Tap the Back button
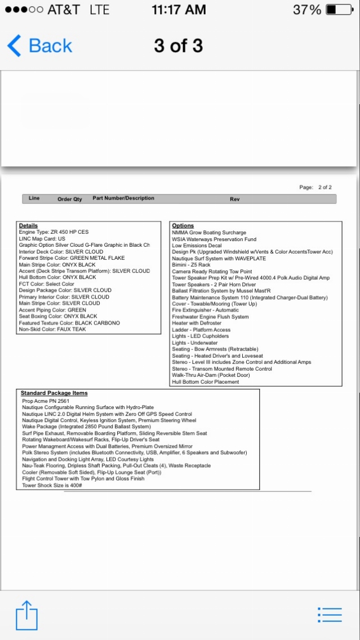pyautogui.click(x=39, y=46)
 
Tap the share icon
pyautogui.click(x=26, y=615)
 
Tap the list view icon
pyautogui.click(x=330, y=615)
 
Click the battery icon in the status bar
pyautogui.click(x=339, y=10)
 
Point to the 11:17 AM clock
pyautogui.click(x=179, y=10)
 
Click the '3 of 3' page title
pyautogui.click(x=178, y=46)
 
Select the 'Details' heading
pyautogui.click(x=28, y=225)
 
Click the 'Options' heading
pyautogui.click(x=183, y=225)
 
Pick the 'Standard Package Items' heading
pyautogui.click(x=54, y=393)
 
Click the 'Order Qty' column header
pyautogui.click(x=70, y=199)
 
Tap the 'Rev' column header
pyautogui.click(x=235, y=199)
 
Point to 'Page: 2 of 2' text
pyautogui.click(x=315, y=187)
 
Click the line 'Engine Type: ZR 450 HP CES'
pyautogui.click(x=54, y=232)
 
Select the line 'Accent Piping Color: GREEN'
pyautogui.click(x=52, y=310)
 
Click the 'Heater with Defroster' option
pyautogui.click(x=197, y=323)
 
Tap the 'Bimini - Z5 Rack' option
pyautogui.click(x=191, y=265)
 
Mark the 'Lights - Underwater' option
pyautogui.click(x=194, y=343)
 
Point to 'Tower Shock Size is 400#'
pyautogui.click(x=52, y=485)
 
